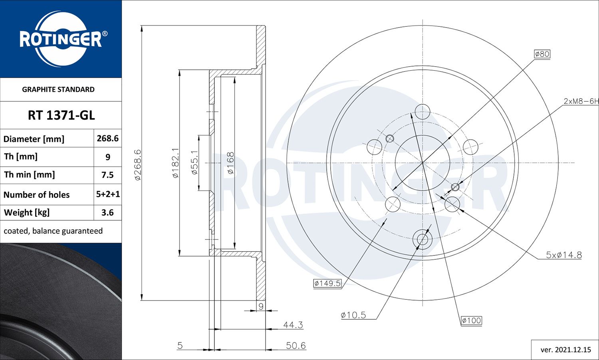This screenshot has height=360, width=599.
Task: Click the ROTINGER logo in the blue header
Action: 61,39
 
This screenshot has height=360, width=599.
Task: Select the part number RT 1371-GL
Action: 61,115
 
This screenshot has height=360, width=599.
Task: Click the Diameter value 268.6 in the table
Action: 107,138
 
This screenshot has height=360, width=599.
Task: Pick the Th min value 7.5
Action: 107,175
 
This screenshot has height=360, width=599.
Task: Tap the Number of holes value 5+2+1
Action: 108,194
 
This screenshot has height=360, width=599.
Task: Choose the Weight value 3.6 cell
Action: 107,213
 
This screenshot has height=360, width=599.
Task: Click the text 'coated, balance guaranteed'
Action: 53,231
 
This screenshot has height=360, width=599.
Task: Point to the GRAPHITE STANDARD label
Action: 58,89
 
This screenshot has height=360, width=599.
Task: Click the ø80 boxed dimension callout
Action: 542,54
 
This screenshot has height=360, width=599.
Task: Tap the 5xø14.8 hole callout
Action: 563,255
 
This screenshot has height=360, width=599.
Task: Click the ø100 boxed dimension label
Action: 471,320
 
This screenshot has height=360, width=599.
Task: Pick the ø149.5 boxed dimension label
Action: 327,283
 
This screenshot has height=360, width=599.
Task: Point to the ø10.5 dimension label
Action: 353,315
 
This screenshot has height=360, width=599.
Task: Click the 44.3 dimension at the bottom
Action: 293,325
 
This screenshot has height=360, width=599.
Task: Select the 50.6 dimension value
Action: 296,346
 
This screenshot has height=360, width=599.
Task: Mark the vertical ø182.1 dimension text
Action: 175,163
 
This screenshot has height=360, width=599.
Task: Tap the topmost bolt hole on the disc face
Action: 422,112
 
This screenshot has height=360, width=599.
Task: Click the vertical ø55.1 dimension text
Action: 194,162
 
